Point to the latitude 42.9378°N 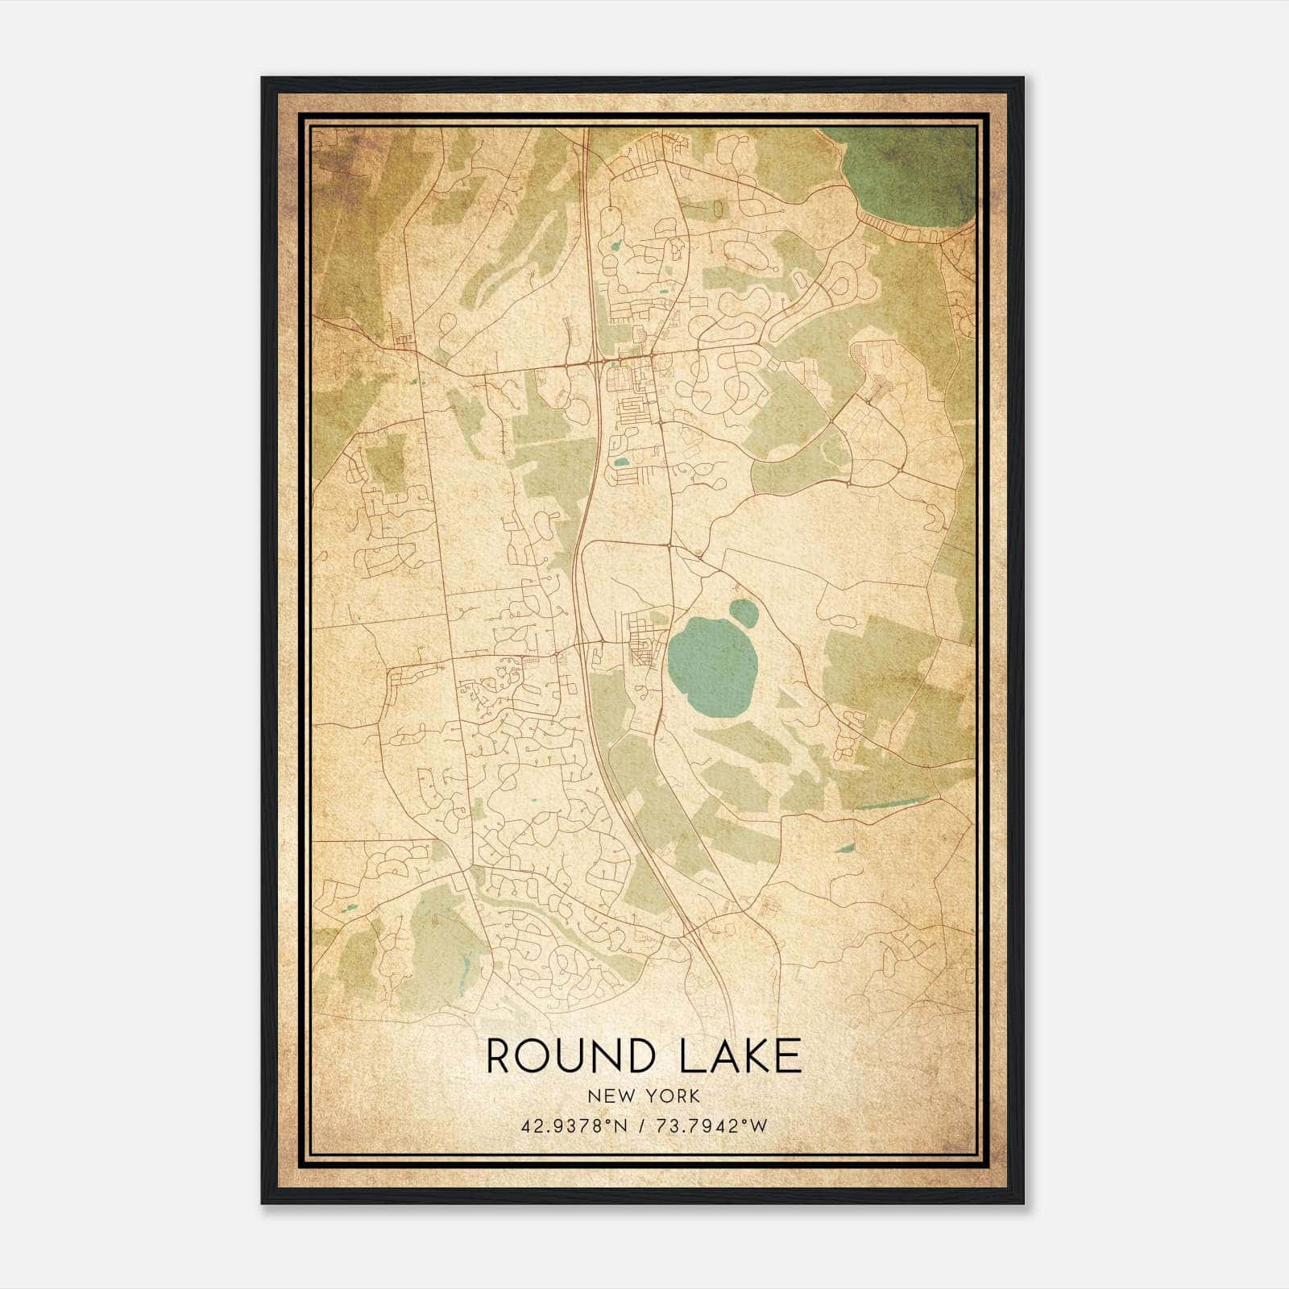tap(571, 1125)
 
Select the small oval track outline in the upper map tap(717, 209)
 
